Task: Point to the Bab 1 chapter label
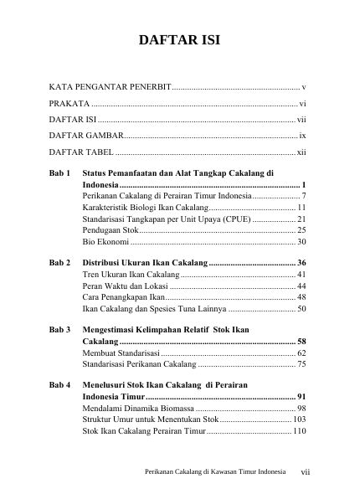tap(58, 172)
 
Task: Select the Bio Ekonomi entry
tap(105, 241)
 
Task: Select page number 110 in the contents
tap(299, 432)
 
